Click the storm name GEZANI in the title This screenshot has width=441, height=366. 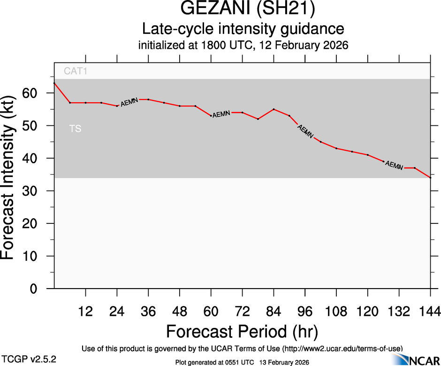click(209, 10)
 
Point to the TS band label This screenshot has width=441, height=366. click(75, 129)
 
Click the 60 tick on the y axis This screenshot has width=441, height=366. click(37, 93)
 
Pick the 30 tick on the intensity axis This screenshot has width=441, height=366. click(37, 191)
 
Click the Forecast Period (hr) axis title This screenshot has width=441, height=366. click(242, 331)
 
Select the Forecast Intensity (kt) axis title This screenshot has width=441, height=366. click(13, 181)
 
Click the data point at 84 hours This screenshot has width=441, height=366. click(274, 109)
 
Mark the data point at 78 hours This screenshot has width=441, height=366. click(258, 119)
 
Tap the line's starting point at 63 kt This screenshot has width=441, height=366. click(54, 83)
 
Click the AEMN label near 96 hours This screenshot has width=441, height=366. click(305, 131)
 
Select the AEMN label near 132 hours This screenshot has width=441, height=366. click(394, 166)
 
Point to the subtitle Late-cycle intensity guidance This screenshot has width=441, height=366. click(243, 29)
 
